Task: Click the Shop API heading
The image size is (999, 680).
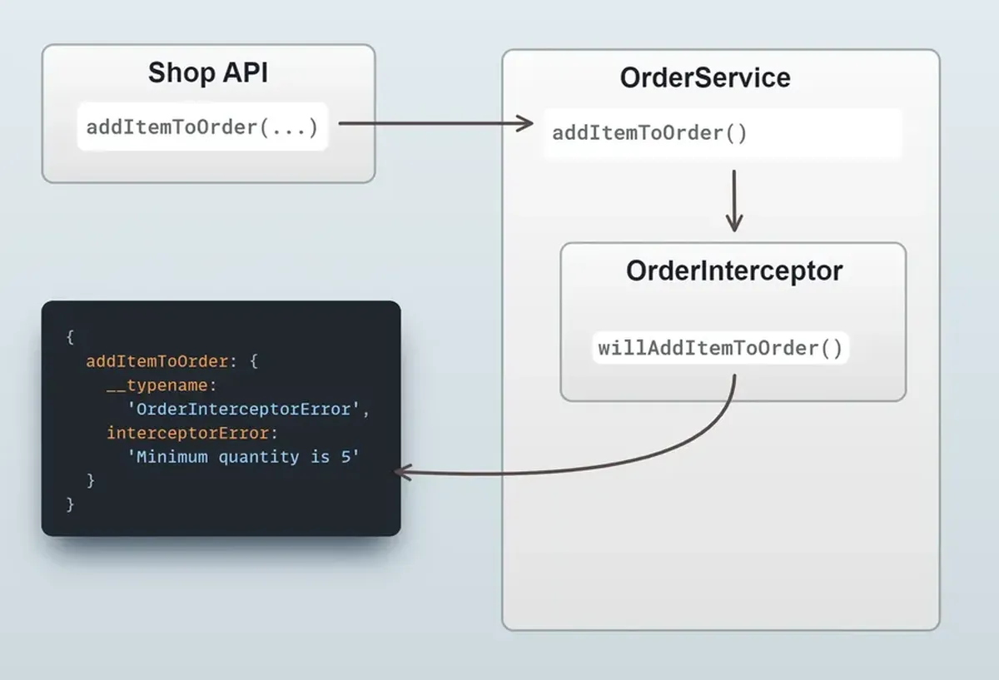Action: pos(208,72)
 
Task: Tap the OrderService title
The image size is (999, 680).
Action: pos(705,77)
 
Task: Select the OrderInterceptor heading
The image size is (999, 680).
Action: pos(733,271)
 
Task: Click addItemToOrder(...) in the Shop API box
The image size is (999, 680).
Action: pos(202,127)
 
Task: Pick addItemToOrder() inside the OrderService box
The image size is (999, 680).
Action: pos(649,133)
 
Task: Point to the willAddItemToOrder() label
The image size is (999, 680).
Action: pos(720,347)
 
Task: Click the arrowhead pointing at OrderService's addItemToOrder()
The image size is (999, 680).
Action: pos(524,124)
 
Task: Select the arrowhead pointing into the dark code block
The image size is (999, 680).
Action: pos(399,473)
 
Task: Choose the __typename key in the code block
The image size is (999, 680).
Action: pos(161,385)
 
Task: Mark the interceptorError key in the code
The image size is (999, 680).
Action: pos(189,433)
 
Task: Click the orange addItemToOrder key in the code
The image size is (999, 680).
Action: pos(156,361)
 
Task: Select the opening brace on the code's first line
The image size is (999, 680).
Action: pos(70,337)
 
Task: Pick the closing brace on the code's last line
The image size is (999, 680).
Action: pos(70,504)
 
